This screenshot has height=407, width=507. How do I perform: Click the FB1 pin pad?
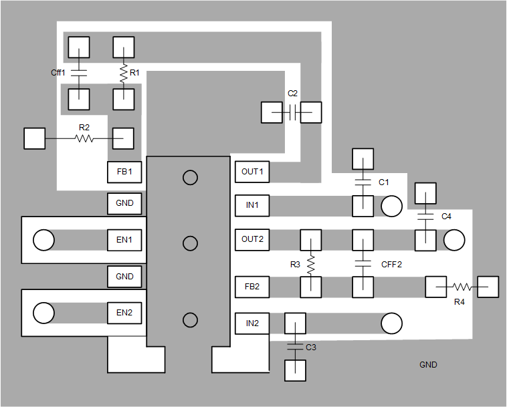(124, 172)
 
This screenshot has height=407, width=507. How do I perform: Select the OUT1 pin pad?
(252, 172)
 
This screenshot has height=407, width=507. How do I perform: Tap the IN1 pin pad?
(252, 206)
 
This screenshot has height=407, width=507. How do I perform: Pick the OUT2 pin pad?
(252, 239)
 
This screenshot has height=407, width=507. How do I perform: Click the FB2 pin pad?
(252, 287)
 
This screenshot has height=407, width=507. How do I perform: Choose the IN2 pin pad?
(252, 324)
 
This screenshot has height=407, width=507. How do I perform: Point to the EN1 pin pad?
(124, 239)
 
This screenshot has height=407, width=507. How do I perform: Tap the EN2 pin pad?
(124, 313)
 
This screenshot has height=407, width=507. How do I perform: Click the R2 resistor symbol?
(84, 138)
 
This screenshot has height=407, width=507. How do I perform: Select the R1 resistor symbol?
(124, 74)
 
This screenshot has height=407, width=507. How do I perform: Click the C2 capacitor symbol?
(292, 112)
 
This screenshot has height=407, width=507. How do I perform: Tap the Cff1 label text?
(58, 72)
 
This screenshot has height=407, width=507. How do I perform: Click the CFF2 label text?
(391, 265)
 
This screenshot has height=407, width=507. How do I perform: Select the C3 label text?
(311, 348)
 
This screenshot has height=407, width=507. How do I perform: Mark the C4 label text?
(446, 217)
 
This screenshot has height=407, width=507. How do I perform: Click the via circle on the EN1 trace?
(43, 240)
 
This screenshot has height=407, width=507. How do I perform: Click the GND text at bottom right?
(428, 365)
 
